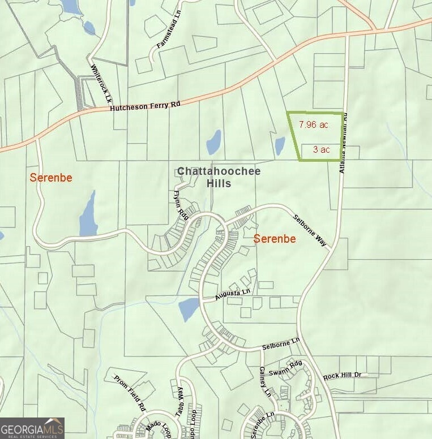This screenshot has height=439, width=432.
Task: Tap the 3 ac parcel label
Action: click(x=322, y=150)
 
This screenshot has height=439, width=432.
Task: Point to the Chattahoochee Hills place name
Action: click(x=204, y=177)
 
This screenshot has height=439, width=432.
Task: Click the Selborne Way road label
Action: click(x=310, y=230)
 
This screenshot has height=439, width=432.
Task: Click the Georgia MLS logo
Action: click(x=32, y=428)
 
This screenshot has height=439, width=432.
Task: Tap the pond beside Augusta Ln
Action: click(x=189, y=309)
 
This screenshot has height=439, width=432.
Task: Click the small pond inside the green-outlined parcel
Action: click(x=280, y=146)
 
